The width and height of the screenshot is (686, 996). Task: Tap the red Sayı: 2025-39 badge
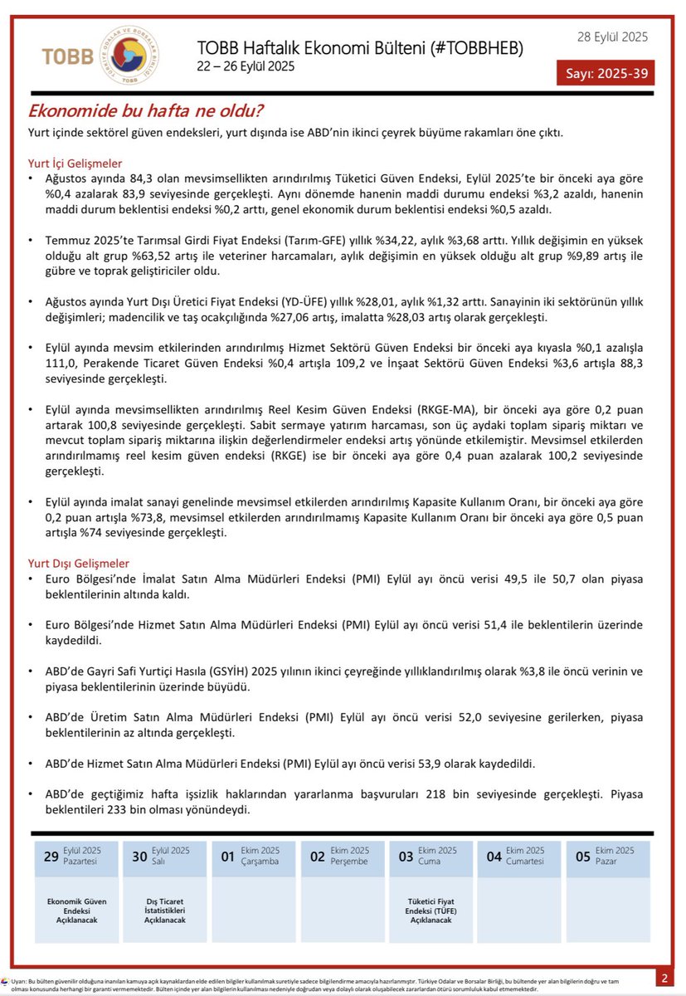(x=606, y=72)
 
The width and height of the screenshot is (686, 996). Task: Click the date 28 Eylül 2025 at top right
(x=613, y=37)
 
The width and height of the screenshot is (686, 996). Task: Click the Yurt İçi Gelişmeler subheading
(x=75, y=164)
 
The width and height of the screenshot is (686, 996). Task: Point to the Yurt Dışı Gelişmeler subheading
(x=79, y=563)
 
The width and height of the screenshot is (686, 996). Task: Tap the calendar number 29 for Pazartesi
(x=51, y=857)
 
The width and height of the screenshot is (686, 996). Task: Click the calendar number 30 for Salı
(x=139, y=857)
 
